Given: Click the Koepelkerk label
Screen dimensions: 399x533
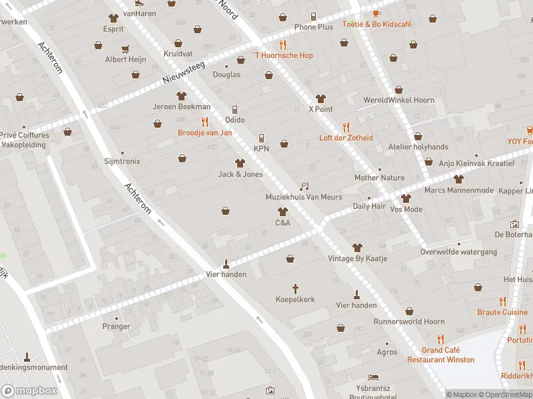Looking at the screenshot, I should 295,300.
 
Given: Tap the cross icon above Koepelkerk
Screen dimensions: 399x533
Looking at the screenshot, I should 296,289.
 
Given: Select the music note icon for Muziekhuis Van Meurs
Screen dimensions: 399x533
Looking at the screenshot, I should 304,187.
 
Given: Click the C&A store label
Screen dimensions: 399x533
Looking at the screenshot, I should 282,223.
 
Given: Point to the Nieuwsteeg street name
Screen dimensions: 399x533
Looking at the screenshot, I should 184,72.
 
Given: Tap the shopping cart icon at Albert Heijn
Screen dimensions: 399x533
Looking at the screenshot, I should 125,49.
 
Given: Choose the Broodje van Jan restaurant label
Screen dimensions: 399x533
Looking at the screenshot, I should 205,132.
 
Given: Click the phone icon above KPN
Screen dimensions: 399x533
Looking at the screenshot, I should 261,138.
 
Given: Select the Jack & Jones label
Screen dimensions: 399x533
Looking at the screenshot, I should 241,174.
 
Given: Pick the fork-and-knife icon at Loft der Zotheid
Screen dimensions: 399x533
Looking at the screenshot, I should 345,127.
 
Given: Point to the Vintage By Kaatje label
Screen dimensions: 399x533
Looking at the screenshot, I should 357,258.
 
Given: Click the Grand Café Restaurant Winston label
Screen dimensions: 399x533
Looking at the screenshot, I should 441,355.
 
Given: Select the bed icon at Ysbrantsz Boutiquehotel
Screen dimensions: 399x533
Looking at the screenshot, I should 372,377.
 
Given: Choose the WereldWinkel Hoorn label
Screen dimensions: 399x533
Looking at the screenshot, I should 398,100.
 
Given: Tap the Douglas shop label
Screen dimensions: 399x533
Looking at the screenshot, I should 227,74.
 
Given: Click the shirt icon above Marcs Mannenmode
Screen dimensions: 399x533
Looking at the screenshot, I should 458,179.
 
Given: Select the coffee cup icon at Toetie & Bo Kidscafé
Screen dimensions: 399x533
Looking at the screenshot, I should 376,13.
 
